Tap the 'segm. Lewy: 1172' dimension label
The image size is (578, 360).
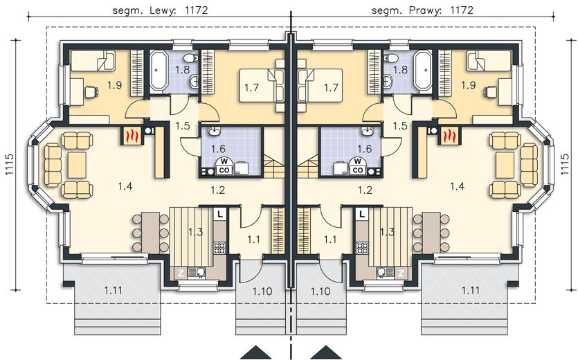coord(160,10)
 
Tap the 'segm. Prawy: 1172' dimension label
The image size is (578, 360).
coord(422,10)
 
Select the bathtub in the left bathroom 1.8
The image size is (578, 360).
coord(159,70)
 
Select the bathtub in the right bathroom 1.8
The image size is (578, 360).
coord(422,70)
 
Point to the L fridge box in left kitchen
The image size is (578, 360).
coord(220,214)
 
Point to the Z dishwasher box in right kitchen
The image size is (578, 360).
coord(401,273)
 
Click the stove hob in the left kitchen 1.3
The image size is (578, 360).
coord(220,247)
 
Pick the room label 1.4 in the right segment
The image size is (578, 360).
coord(457,186)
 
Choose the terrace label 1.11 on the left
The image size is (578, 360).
coord(113,291)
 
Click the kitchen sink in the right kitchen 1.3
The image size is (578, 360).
coord(383,272)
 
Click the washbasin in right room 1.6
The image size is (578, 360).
coord(366,132)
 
